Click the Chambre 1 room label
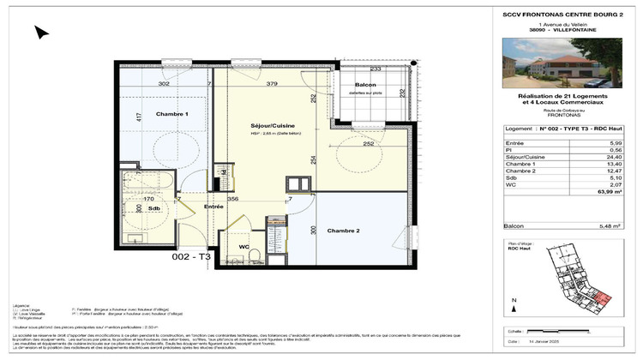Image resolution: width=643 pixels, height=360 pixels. [x=172, y=114]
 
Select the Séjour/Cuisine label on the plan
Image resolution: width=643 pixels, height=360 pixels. [x=273, y=125]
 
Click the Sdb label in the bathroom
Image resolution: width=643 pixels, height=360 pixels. [x=153, y=208]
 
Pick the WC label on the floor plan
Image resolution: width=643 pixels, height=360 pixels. [x=244, y=248]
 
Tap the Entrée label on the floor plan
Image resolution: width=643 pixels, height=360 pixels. [x=213, y=207]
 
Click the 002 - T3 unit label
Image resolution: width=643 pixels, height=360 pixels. [x=190, y=257]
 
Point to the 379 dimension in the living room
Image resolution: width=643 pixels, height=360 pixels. [x=272, y=84]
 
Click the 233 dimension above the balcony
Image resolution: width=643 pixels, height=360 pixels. [x=375, y=69]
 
